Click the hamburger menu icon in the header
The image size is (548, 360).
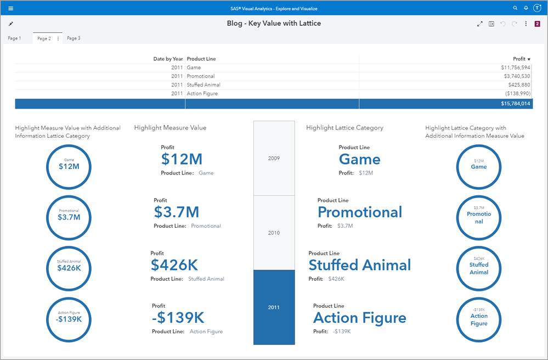[11, 8]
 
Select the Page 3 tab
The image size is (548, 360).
[74, 38]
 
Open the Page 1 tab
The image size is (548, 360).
[14, 38]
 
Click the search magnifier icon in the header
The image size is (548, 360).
[515, 8]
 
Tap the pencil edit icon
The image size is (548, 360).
[11, 24]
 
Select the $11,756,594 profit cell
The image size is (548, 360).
[515, 67]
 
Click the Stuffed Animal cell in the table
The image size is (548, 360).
[202, 85]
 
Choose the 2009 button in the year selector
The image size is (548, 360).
[274, 158]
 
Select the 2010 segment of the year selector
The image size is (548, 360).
[274, 233]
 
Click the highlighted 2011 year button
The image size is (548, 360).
[274, 307]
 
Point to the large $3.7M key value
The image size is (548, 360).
[176, 212]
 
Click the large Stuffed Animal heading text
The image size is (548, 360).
[359, 265]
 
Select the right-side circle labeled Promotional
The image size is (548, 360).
[478, 217]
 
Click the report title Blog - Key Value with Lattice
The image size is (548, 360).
[274, 24]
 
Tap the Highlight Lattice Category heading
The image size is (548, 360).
[344, 128]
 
